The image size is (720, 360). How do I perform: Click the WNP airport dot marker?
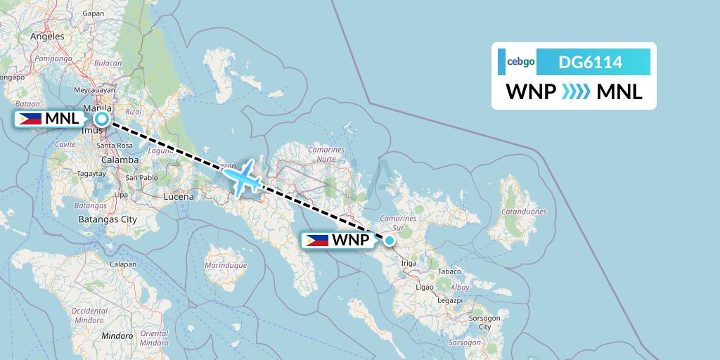coord(389,240)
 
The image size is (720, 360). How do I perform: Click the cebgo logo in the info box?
coord(521,62)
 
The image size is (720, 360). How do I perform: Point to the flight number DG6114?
coord(590,62)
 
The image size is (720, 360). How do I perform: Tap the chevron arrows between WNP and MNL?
coord(577,92)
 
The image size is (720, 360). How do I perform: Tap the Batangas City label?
coord(108,219)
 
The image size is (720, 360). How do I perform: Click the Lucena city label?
coord(179,197)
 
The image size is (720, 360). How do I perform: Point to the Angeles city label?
coord(48,36)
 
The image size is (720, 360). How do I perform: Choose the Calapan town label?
coord(122,264)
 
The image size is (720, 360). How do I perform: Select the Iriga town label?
coord(409,264)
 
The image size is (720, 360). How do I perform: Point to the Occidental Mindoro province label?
coord(89,314)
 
